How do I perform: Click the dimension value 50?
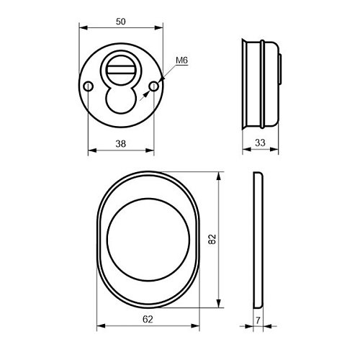tap(120, 22)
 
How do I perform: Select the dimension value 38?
tap(120, 143)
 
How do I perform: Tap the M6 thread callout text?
tap(181, 63)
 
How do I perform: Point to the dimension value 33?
tap(260, 143)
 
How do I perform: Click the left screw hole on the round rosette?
tap(88, 86)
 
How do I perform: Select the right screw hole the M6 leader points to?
tap(153, 86)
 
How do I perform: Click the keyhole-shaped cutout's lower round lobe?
tap(120, 101)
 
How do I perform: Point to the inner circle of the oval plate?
tap(149, 237)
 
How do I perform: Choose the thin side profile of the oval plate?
tap(258, 237)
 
